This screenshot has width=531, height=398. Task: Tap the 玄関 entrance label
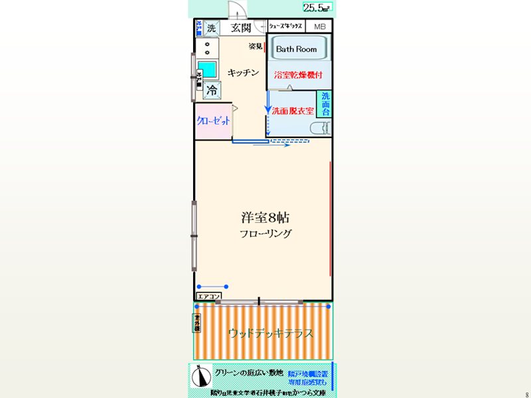pos(240,27)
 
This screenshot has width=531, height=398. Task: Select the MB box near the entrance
pos(319,27)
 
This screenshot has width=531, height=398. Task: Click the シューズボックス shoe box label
pos(285,27)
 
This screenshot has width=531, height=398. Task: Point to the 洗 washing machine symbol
pos(211,28)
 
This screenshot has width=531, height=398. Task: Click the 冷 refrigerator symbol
pos(212,90)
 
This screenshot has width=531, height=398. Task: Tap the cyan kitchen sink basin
pos(208,69)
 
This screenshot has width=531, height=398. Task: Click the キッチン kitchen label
pos(242,73)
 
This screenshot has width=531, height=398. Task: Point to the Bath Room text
pos(296,49)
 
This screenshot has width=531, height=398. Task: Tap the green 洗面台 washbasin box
pos(325,104)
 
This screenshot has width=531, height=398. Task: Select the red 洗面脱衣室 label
pos(293,111)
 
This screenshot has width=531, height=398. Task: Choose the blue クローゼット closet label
pos(213,121)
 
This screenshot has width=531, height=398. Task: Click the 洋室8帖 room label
pos(265,218)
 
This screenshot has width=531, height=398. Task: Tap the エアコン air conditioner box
pos(208,296)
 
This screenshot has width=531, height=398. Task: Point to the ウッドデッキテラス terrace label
pos(270,332)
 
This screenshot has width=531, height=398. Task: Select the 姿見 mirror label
pos(256,46)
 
